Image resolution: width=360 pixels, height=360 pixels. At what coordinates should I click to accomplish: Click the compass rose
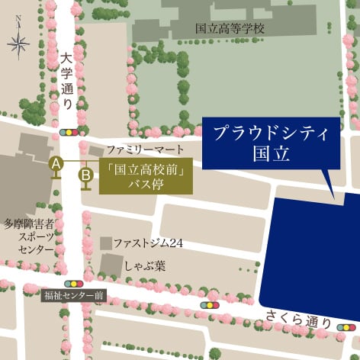click(x=18, y=46)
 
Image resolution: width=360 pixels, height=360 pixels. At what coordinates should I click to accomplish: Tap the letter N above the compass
click(x=18, y=25)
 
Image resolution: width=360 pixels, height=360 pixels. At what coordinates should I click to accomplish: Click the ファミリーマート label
click(x=145, y=149)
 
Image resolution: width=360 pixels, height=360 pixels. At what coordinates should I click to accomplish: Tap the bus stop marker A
click(x=56, y=163)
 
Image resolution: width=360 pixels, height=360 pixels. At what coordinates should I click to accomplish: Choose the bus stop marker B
click(x=86, y=175)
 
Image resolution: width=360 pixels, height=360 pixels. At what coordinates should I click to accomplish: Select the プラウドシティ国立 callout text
click(x=270, y=143)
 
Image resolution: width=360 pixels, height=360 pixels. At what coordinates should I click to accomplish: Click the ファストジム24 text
click(x=149, y=243)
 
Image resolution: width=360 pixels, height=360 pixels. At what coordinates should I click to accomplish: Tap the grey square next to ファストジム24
click(x=106, y=243)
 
